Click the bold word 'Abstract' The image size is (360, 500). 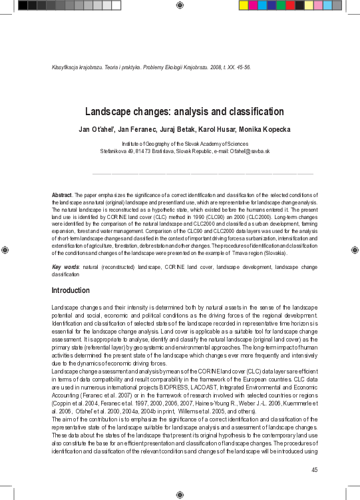[62, 194]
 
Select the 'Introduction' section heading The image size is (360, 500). [71, 290]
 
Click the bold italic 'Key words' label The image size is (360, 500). [65, 267]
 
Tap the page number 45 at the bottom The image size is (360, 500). [315, 470]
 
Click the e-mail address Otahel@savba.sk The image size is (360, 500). [248, 151]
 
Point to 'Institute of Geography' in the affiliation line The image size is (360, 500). [150, 144]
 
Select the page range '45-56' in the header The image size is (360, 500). [242, 67]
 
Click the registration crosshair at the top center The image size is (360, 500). [180, 5]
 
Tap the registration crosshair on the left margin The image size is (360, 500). [5, 250]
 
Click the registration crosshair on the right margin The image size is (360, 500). [354, 250]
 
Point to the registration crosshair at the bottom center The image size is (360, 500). [180, 495]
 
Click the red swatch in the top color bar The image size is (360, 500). [262, 5]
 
